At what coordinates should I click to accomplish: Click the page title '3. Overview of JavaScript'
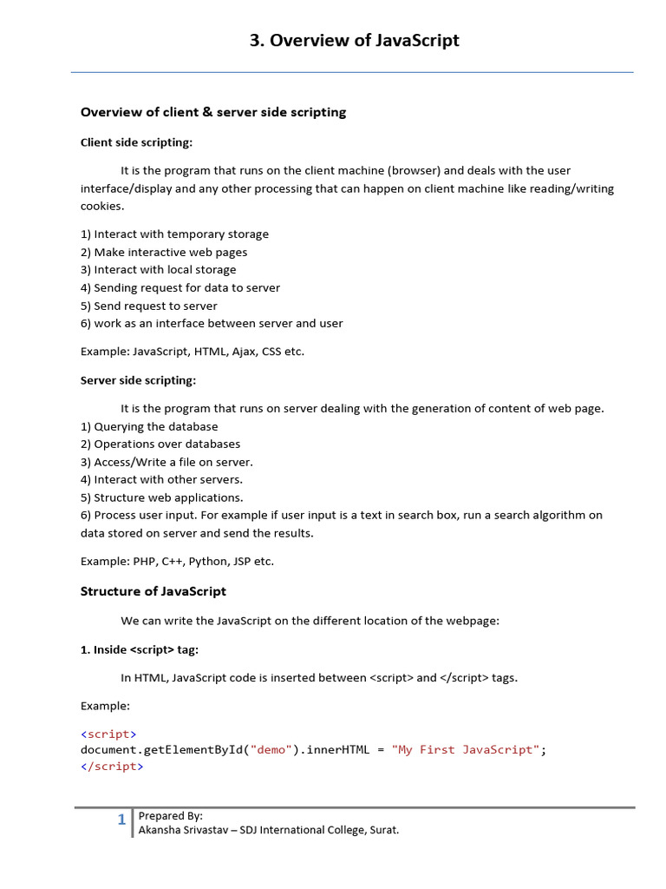[354, 41]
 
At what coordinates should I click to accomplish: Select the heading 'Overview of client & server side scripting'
[213, 112]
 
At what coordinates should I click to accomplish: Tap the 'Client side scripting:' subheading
[136, 142]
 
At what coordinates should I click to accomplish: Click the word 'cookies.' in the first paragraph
[102, 207]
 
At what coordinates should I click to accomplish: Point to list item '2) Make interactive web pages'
[164, 253]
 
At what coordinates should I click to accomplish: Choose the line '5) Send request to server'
[149, 306]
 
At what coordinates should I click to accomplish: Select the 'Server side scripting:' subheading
[138, 380]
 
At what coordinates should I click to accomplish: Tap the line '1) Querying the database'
[149, 427]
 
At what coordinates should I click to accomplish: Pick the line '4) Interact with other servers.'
[161, 479]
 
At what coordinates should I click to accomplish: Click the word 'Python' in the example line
[209, 561]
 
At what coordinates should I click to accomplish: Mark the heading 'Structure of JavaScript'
[153, 591]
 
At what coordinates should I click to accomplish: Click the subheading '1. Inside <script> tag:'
[140, 649]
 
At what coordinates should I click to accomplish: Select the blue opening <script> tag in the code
[108, 734]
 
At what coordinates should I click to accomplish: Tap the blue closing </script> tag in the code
[112, 767]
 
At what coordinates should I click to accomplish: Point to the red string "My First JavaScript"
[466, 750]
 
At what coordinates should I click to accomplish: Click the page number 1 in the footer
[122, 820]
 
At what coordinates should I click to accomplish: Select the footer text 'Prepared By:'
[171, 816]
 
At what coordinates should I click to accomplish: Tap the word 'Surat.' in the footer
[383, 830]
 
